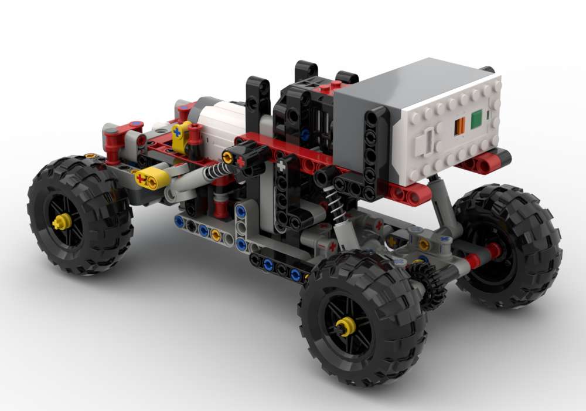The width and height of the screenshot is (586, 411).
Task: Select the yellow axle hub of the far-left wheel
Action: [x=61, y=221]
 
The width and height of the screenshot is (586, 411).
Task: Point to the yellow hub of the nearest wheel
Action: [x=345, y=326]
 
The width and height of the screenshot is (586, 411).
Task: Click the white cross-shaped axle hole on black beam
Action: [x=281, y=166]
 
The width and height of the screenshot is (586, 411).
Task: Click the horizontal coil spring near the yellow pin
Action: [x=214, y=171]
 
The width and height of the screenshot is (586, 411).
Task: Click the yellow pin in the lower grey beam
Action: [x=215, y=235]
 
